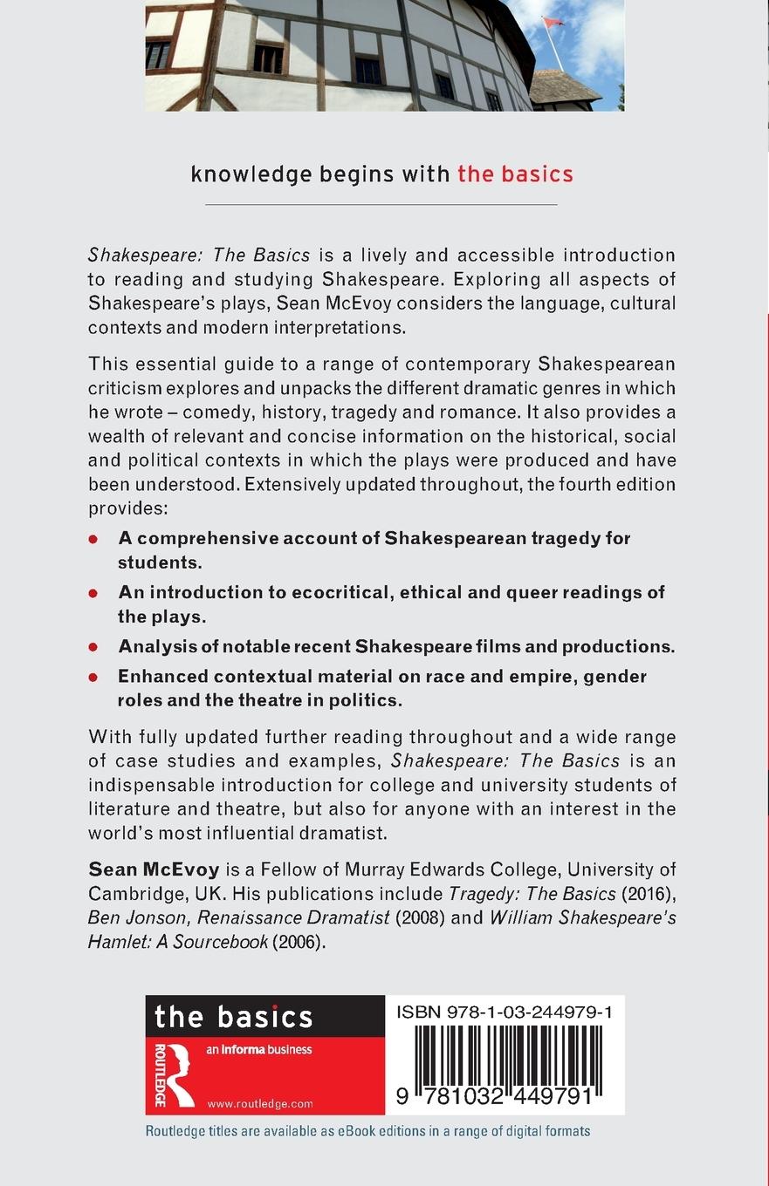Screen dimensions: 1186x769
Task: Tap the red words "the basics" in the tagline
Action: tap(515, 174)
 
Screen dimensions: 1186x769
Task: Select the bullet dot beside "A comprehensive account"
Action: tap(93, 539)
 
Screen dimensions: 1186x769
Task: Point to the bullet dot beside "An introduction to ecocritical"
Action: tap(93, 593)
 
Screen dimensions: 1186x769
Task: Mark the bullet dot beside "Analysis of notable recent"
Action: tap(93, 647)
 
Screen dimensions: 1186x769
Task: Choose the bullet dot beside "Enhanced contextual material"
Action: tap(93, 677)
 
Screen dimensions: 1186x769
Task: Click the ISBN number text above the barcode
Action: tap(504, 1012)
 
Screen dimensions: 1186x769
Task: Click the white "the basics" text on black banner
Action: tap(233, 1017)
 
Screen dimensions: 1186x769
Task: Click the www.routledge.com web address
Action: tap(260, 1104)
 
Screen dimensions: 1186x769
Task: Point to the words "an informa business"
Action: tap(259, 1050)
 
